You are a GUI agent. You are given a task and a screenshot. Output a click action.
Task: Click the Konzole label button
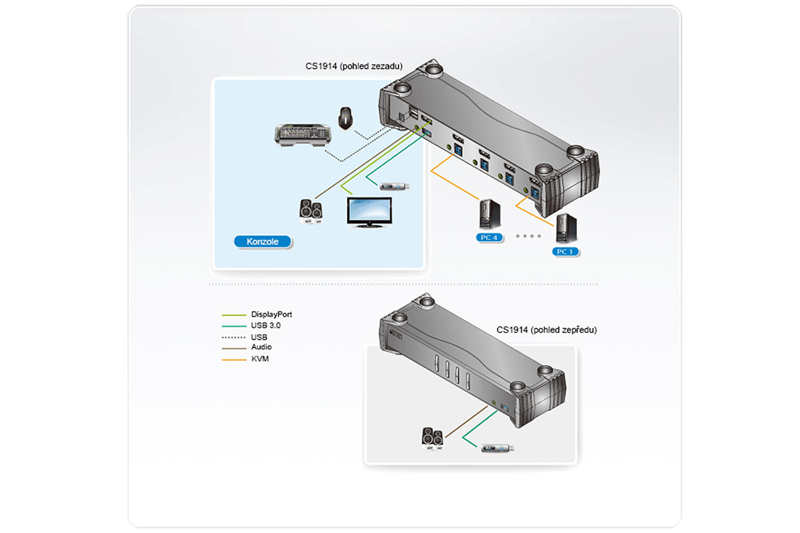[262, 242]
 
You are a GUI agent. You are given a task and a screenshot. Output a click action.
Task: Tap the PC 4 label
[489, 238]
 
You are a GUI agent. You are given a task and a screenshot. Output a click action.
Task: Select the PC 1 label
[565, 251]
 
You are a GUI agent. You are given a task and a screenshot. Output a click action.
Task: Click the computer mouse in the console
[345, 118]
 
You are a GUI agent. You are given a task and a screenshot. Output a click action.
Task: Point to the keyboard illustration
[303, 135]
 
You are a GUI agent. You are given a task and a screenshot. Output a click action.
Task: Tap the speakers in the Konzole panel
[311, 211]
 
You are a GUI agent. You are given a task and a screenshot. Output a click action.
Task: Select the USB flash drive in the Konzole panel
[394, 186]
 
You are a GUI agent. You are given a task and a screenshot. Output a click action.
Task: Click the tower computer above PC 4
[490, 215]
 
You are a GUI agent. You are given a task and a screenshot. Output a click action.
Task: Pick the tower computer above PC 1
[566, 228]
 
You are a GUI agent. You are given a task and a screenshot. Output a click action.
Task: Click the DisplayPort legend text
[271, 314]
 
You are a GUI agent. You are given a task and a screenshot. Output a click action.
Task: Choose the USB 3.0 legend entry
[266, 326]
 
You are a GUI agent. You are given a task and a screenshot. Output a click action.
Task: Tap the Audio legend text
[261, 347]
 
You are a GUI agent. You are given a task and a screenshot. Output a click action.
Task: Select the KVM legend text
[260, 359]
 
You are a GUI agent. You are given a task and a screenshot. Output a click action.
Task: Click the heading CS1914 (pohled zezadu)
[354, 66]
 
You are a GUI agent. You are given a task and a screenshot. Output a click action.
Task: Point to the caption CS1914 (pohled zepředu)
[546, 330]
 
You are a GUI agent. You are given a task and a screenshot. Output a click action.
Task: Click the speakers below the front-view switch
[433, 439]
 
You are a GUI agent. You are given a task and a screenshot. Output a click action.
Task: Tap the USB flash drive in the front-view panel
[497, 448]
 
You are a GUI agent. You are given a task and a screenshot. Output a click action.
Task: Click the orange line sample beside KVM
[234, 359]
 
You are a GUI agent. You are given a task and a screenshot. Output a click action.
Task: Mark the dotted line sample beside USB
[234, 337]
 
